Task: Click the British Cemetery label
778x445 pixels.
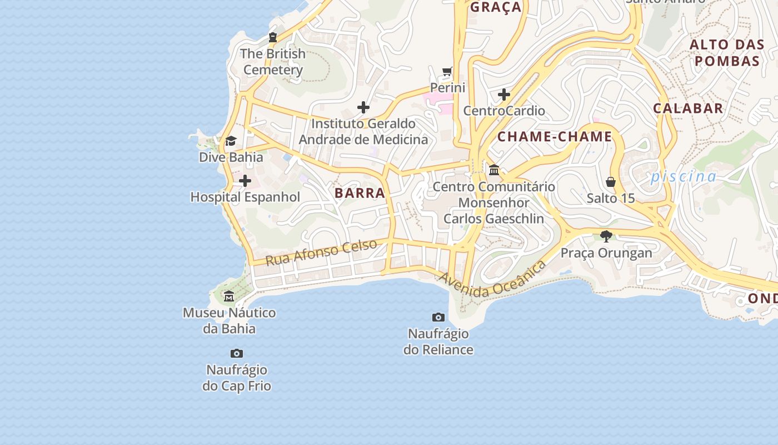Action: (273, 62)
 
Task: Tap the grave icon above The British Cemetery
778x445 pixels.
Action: (272, 37)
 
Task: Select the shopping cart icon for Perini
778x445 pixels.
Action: (447, 71)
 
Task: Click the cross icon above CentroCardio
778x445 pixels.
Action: (504, 95)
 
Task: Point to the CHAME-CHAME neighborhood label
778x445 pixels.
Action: (555, 137)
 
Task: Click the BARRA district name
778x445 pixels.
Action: (360, 193)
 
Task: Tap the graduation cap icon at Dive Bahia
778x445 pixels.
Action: (231, 141)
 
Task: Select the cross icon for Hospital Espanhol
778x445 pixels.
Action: (245, 181)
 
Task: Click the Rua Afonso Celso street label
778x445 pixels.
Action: (321, 252)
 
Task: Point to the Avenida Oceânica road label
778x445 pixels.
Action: (492, 279)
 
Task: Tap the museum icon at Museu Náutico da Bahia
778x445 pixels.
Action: (229, 296)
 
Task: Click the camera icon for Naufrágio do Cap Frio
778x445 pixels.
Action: (237, 353)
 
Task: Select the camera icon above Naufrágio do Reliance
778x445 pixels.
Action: (438, 317)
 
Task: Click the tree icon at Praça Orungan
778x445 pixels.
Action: (606, 236)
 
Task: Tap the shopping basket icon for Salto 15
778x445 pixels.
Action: (611, 182)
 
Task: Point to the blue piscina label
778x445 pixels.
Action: (684, 177)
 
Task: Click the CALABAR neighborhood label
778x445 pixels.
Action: (688, 108)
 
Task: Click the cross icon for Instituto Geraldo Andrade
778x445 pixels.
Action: (363, 107)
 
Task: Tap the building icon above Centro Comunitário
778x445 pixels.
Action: (494, 170)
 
